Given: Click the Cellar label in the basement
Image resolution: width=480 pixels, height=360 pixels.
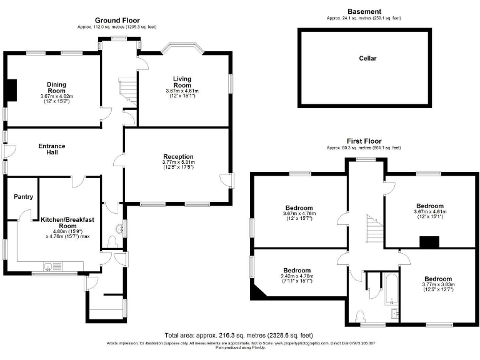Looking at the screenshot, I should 367,59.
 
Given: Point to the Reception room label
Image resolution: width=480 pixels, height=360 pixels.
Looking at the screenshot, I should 178,156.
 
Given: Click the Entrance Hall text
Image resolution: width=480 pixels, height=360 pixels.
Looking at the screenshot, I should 52,149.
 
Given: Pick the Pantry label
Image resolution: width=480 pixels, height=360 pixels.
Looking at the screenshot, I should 22,196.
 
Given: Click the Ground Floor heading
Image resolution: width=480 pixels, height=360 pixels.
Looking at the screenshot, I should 117,21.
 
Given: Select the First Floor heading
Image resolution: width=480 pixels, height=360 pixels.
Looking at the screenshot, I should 364,141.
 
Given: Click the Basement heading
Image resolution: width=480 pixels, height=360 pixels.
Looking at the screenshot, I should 364,11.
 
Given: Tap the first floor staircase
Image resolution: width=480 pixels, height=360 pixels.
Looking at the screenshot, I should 374,229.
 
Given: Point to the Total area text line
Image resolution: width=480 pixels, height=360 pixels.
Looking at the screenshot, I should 238,335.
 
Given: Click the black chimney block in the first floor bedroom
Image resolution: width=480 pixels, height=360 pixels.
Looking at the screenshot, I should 428,242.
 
